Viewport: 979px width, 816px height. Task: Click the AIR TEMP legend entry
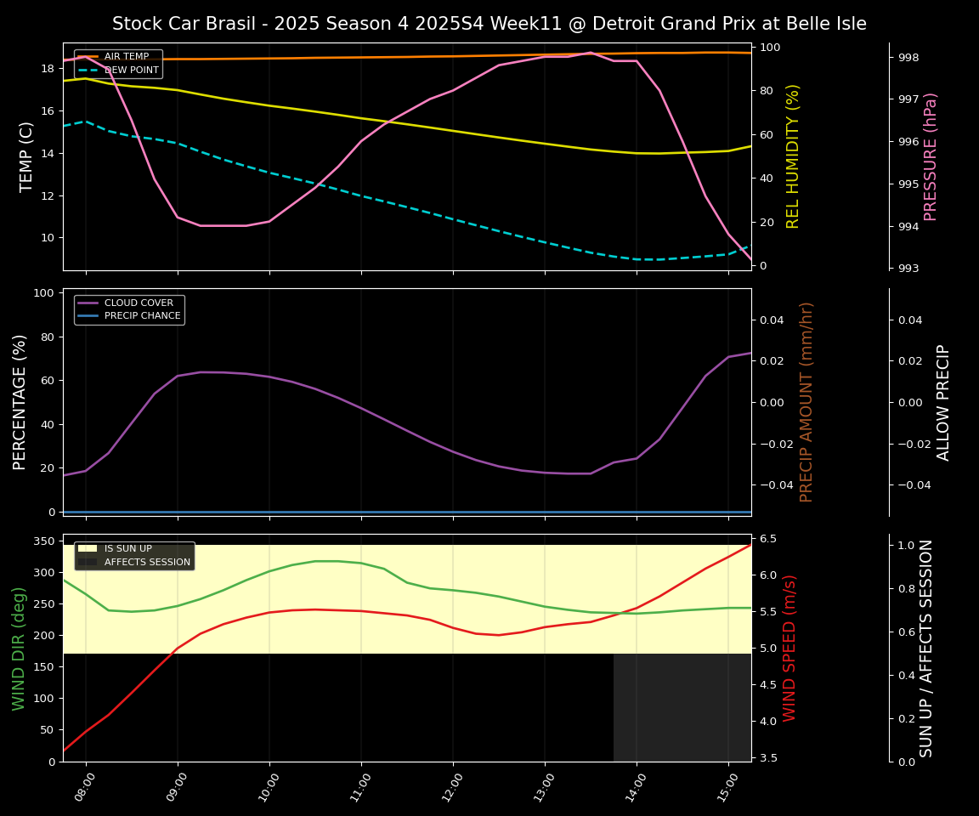pyautogui.click(x=126, y=57)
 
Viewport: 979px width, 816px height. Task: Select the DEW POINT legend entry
pyautogui.click(x=131, y=70)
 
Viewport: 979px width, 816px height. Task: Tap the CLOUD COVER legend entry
pyautogui.click(x=139, y=303)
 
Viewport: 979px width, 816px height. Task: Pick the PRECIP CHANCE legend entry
pyautogui.click(x=142, y=316)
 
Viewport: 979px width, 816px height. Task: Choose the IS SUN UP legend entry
pyautogui.click(x=127, y=549)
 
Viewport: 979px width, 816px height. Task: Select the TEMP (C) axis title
pyautogui.click(x=26, y=156)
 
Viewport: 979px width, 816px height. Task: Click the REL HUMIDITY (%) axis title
pyautogui.click(x=793, y=156)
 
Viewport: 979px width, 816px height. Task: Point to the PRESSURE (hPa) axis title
pyautogui.click(x=931, y=156)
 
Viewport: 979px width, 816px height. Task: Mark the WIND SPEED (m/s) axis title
pyautogui.click(x=790, y=648)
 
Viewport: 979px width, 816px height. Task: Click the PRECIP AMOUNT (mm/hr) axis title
pyautogui.click(x=806, y=402)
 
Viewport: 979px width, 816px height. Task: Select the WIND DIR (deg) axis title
pyautogui.click(x=19, y=648)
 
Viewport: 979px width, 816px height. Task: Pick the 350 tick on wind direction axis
pyautogui.click(x=46, y=541)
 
